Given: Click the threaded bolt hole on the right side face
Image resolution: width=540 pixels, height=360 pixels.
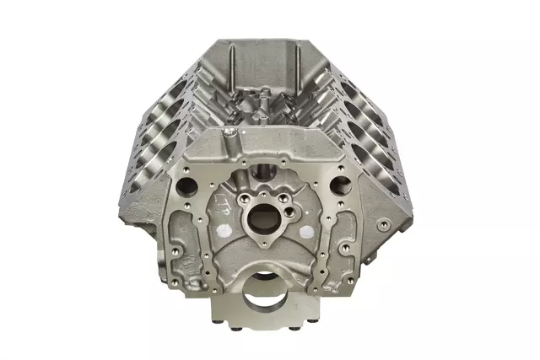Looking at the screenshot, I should (385, 224).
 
